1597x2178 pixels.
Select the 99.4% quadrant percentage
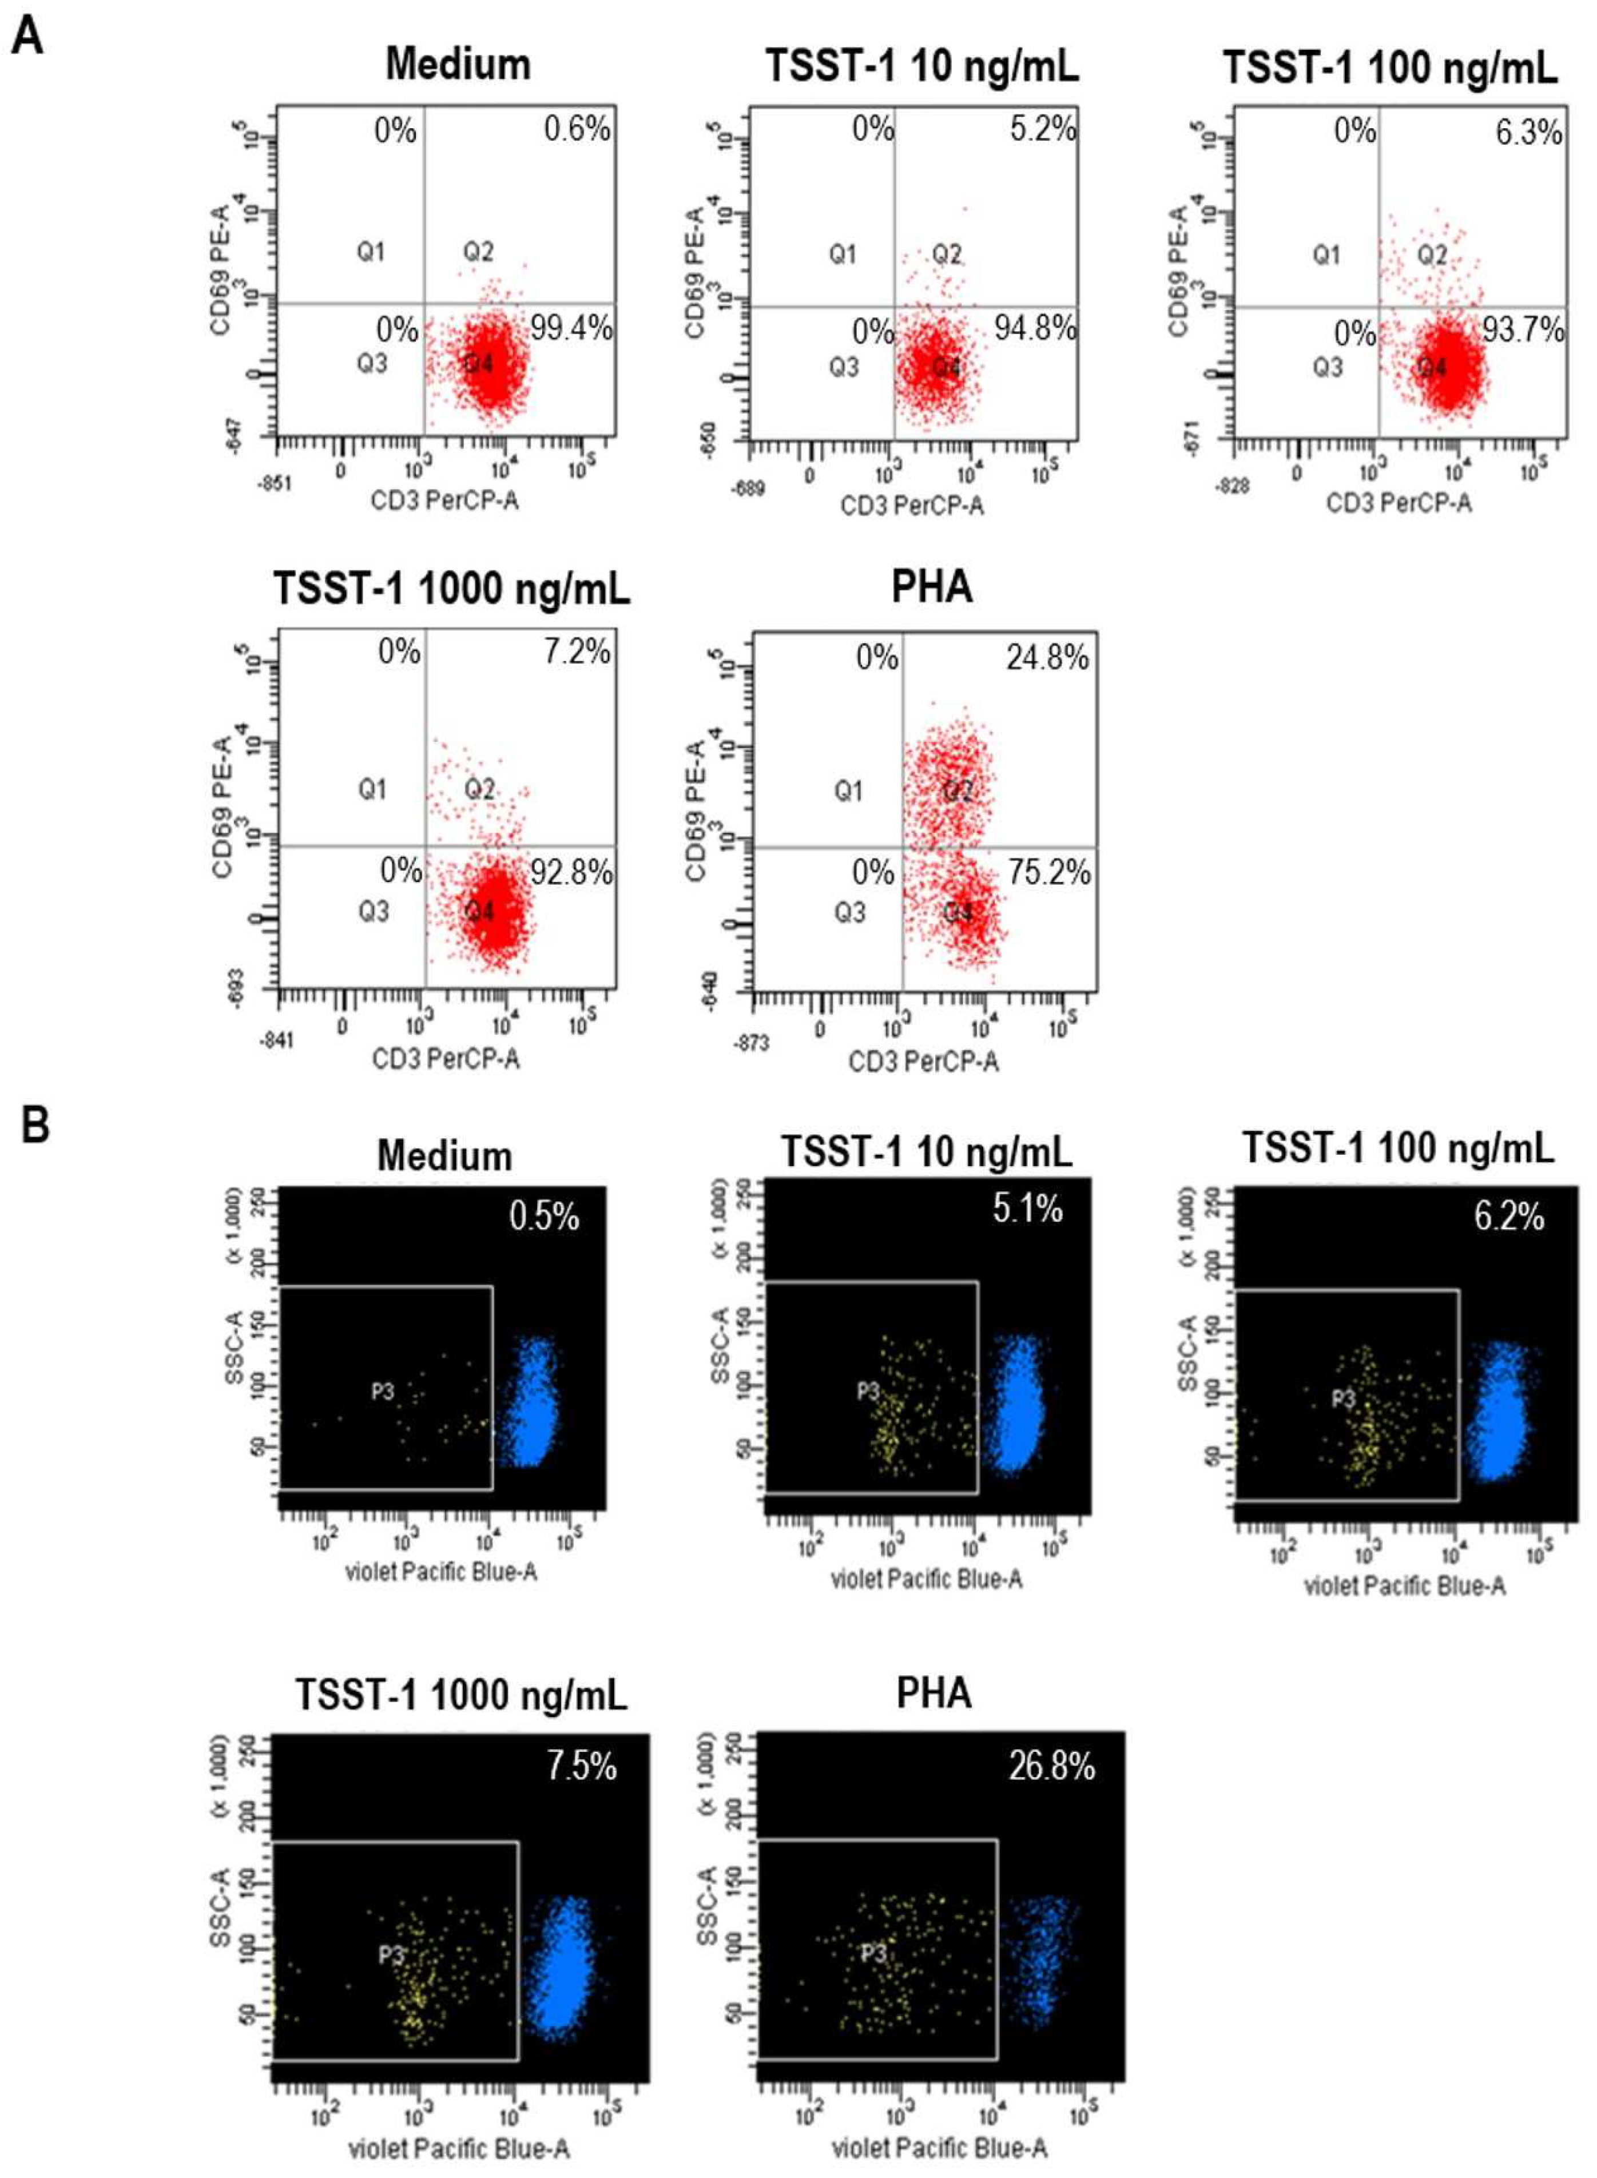(x=570, y=329)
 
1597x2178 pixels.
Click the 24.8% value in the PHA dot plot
(x=1047, y=658)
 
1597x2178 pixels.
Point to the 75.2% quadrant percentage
(x=1049, y=873)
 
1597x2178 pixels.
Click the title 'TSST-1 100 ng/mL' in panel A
(x=1390, y=69)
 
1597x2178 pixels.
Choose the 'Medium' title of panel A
(x=458, y=65)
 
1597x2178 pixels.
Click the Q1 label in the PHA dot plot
(x=848, y=792)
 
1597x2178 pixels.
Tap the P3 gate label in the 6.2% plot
(x=1344, y=1398)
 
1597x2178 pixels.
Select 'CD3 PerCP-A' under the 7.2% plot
(x=446, y=1059)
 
